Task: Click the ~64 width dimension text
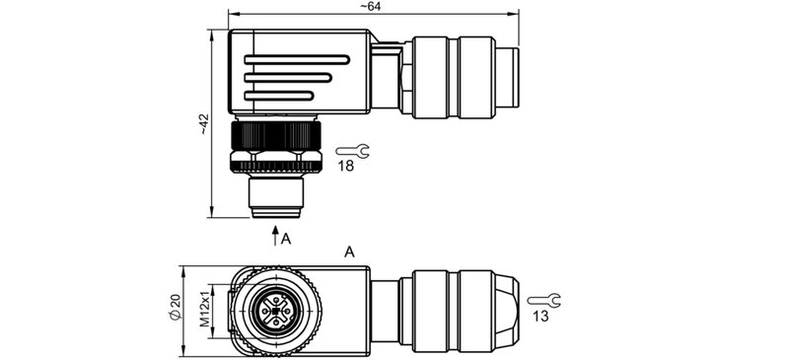pyautogui.click(x=370, y=7)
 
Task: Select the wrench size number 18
pyautogui.click(x=346, y=169)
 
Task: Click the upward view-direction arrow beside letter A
pyautogui.click(x=275, y=235)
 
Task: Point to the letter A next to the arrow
pyautogui.click(x=286, y=239)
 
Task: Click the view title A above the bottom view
pyautogui.click(x=349, y=253)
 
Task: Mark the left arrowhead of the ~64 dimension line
pyautogui.click(x=233, y=15)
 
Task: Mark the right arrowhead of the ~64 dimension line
pyautogui.click(x=515, y=15)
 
